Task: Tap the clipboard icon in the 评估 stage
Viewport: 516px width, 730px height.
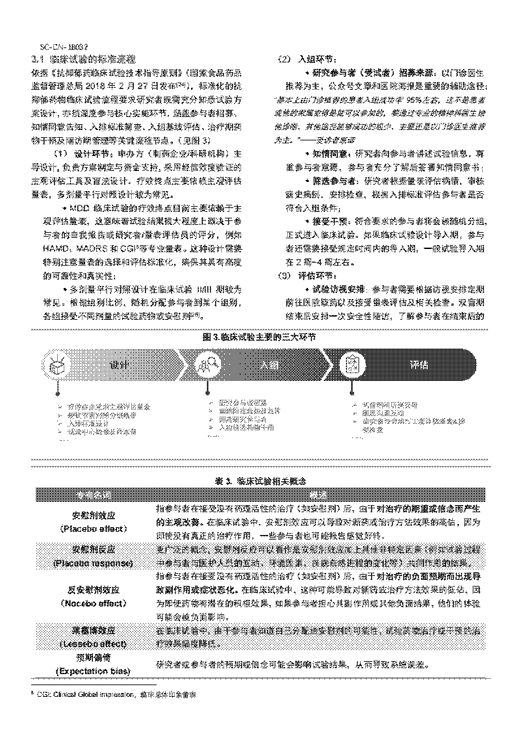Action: pyautogui.click(x=352, y=365)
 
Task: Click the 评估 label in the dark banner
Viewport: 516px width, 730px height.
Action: pyautogui.click(x=421, y=365)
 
